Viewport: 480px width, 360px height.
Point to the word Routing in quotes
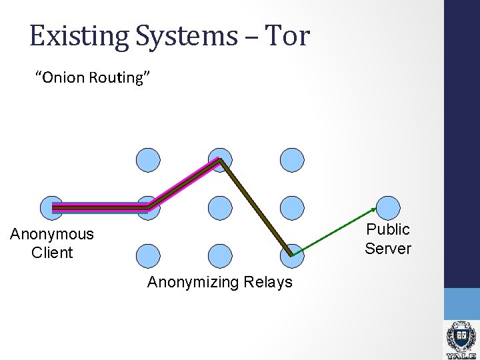(x=122, y=78)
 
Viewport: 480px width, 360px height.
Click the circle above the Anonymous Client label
(x=52, y=208)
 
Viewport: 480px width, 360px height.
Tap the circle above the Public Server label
(x=387, y=208)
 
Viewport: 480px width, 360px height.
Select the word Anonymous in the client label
(x=52, y=234)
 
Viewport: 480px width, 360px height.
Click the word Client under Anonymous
(x=52, y=253)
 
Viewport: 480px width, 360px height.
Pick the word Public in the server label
(x=388, y=229)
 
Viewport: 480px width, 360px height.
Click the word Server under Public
(x=388, y=249)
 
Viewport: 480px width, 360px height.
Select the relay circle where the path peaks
(x=220, y=160)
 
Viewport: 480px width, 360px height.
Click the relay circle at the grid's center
(x=220, y=208)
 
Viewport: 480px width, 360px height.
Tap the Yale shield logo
(x=461, y=337)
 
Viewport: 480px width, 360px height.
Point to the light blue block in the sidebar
(x=462, y=303)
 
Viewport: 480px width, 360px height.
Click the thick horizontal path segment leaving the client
(x=100, y=208)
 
